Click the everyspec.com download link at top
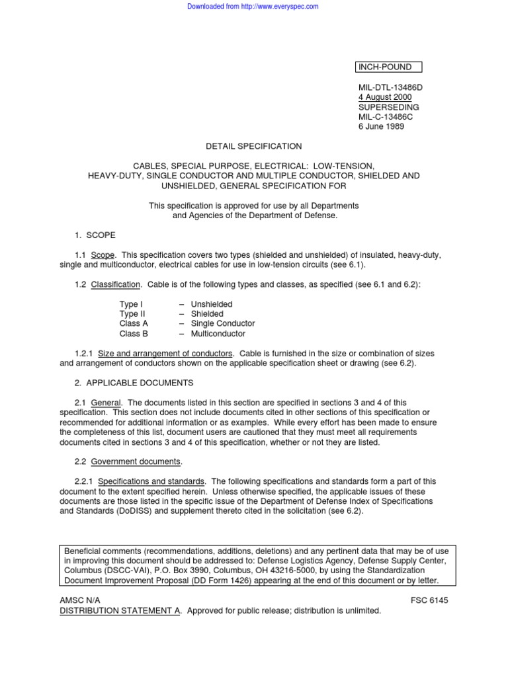[x=253, y=7]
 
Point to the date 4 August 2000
[x=384, y=97]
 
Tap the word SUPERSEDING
[x=388, y=107]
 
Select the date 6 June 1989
[x=382, y=127]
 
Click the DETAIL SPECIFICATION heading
[x=253, y=146]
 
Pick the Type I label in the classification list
[x=131, y=304]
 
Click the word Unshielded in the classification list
[x=212, y=304]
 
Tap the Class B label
[x=134, y=334]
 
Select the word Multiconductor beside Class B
[x=218, y=334]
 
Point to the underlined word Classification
[x=115, y=285]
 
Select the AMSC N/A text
[x=80, y=600]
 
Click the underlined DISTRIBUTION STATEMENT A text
[x=120, y=610]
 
